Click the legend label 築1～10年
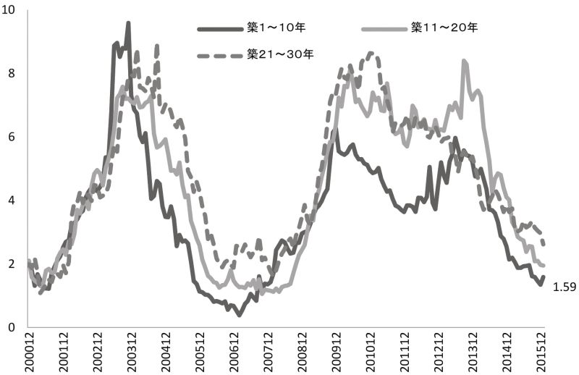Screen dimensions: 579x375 click(276, 28)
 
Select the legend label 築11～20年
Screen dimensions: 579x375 click(444, 28)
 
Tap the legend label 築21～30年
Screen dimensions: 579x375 click(280, 55)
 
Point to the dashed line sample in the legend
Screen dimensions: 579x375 click(220, 56)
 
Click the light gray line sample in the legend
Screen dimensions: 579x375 click(384, 29)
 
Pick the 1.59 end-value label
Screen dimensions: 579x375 click(565, 287)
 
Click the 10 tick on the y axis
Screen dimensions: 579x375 click(9, 10)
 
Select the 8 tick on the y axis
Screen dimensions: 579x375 click(12, 73)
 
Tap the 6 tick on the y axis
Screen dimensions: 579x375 click(12, 137)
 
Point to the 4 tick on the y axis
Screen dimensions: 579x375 click(12, 201)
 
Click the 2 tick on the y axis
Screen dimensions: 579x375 click(12, 264)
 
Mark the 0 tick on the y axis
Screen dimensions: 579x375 click(12, 327)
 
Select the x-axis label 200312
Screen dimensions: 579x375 click(132, 352)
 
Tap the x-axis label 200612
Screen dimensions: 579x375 click(234, 352)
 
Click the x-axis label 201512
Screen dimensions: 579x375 click(541, 352)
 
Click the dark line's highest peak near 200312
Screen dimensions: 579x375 click(128, 23)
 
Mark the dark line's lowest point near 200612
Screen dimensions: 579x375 click(240, 315)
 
